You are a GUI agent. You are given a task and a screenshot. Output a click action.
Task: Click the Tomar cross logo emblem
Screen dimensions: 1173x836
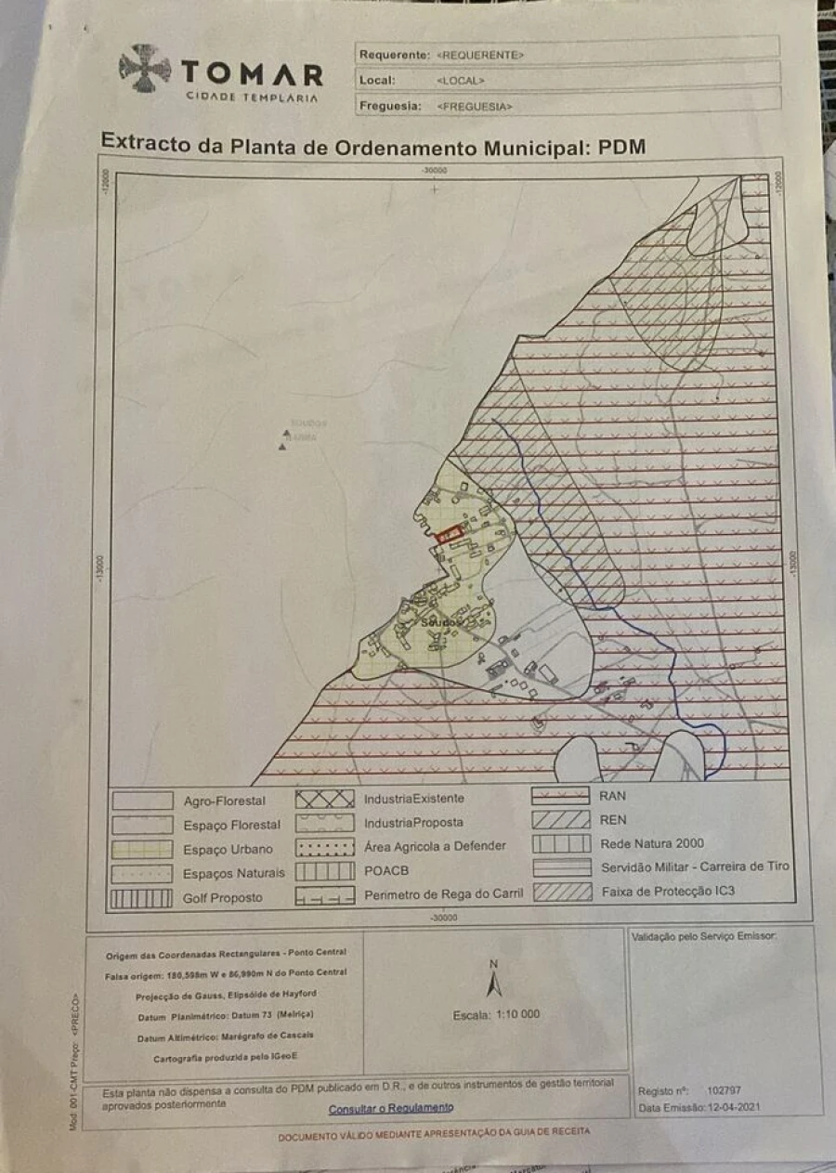click(x=145, y=68)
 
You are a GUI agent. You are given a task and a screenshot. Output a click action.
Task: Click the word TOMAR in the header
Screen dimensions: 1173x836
click(x=252, y=73)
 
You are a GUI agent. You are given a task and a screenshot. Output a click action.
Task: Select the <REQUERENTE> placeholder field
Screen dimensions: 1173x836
click(x=481, y=56)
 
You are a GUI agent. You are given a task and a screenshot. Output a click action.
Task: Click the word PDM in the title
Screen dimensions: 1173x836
click(x=621, y=146)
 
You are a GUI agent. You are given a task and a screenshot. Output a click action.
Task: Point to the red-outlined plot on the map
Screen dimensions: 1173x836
click(x=450, y=534)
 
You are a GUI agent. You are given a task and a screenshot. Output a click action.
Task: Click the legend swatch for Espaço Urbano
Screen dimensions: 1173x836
click(x=141, y=849)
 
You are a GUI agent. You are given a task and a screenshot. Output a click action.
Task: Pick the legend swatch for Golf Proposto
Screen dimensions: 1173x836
click(x=141, y=898)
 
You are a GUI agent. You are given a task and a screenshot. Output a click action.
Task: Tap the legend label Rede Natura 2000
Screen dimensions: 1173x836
click(x=652, y=844)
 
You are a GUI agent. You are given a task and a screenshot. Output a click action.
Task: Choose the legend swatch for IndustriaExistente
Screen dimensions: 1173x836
click(x=324, y=799)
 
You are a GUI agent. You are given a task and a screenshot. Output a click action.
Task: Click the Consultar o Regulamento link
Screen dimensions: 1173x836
click(x=391, y=1108)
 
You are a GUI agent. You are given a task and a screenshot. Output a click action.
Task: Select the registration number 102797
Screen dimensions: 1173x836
click(x=724, y=1091)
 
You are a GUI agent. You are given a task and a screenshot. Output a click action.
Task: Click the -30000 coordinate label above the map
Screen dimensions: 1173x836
click(x=434, y=170)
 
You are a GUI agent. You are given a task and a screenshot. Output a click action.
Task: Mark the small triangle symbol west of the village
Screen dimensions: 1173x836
click(x=282, y=447)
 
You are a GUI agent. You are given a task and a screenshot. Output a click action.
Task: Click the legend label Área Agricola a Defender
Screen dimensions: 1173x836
click(x=435, y=846)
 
